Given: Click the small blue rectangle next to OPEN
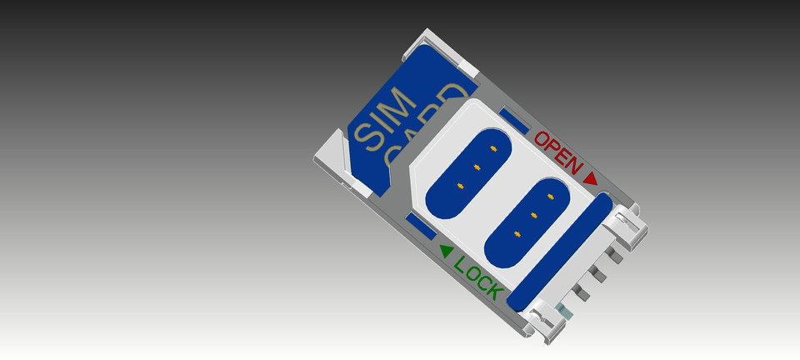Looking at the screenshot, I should coord(515,122).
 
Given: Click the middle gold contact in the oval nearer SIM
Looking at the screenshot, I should coord(477,167).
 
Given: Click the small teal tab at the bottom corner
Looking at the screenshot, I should coord(567,312).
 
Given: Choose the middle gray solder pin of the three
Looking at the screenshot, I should coord(597,272).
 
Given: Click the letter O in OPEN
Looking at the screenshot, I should coord(542,139).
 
